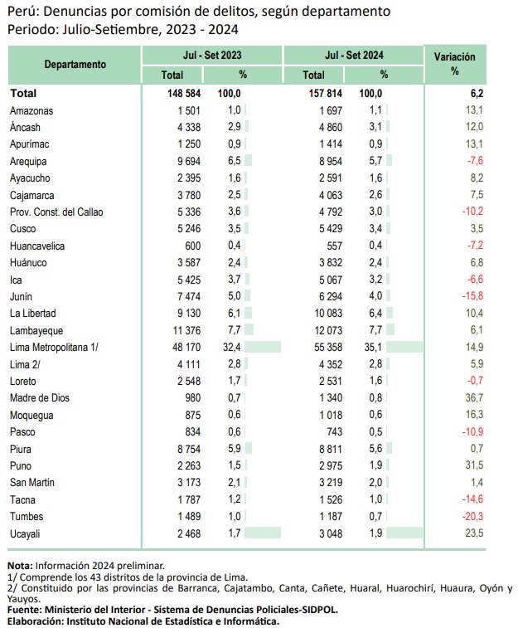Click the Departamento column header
(x=75, y=65)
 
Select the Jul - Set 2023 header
(x=212, y=55)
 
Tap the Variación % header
(x=455, y=64)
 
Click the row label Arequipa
(x=28, y=162)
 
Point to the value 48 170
(x=186, y=347)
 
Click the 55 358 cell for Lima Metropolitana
(x=328, y=347)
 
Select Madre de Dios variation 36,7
(x=474, y=397)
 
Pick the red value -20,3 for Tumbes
(x=472, y=516)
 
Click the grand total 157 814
(x=325, y=93)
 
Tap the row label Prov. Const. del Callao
(x=56, y=212)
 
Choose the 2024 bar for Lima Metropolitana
(x=404, y=347)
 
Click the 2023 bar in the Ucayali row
(x=263, y=533)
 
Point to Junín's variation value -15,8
(x=472, y=296)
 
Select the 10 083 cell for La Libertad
(x=328, y=314)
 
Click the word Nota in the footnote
(x=20, y=566)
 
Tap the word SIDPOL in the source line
(x=322, y=610)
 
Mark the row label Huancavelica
(x=37, y=246)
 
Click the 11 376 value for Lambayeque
(x=186, y=330)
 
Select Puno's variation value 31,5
(x=474, y=465)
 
